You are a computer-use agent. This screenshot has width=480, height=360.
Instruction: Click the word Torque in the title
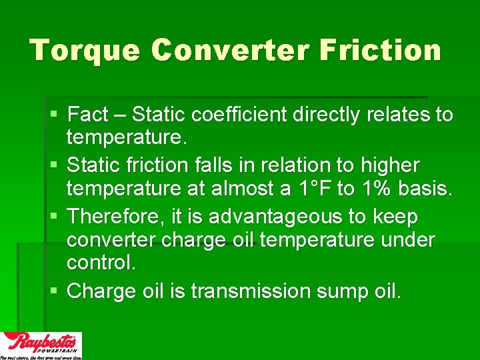84,51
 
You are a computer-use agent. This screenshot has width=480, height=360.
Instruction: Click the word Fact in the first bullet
88,115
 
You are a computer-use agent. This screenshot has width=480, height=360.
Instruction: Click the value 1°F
311,189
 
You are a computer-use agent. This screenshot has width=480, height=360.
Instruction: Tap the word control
101,262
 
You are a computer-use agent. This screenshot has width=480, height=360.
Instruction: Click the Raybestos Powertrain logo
41,345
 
